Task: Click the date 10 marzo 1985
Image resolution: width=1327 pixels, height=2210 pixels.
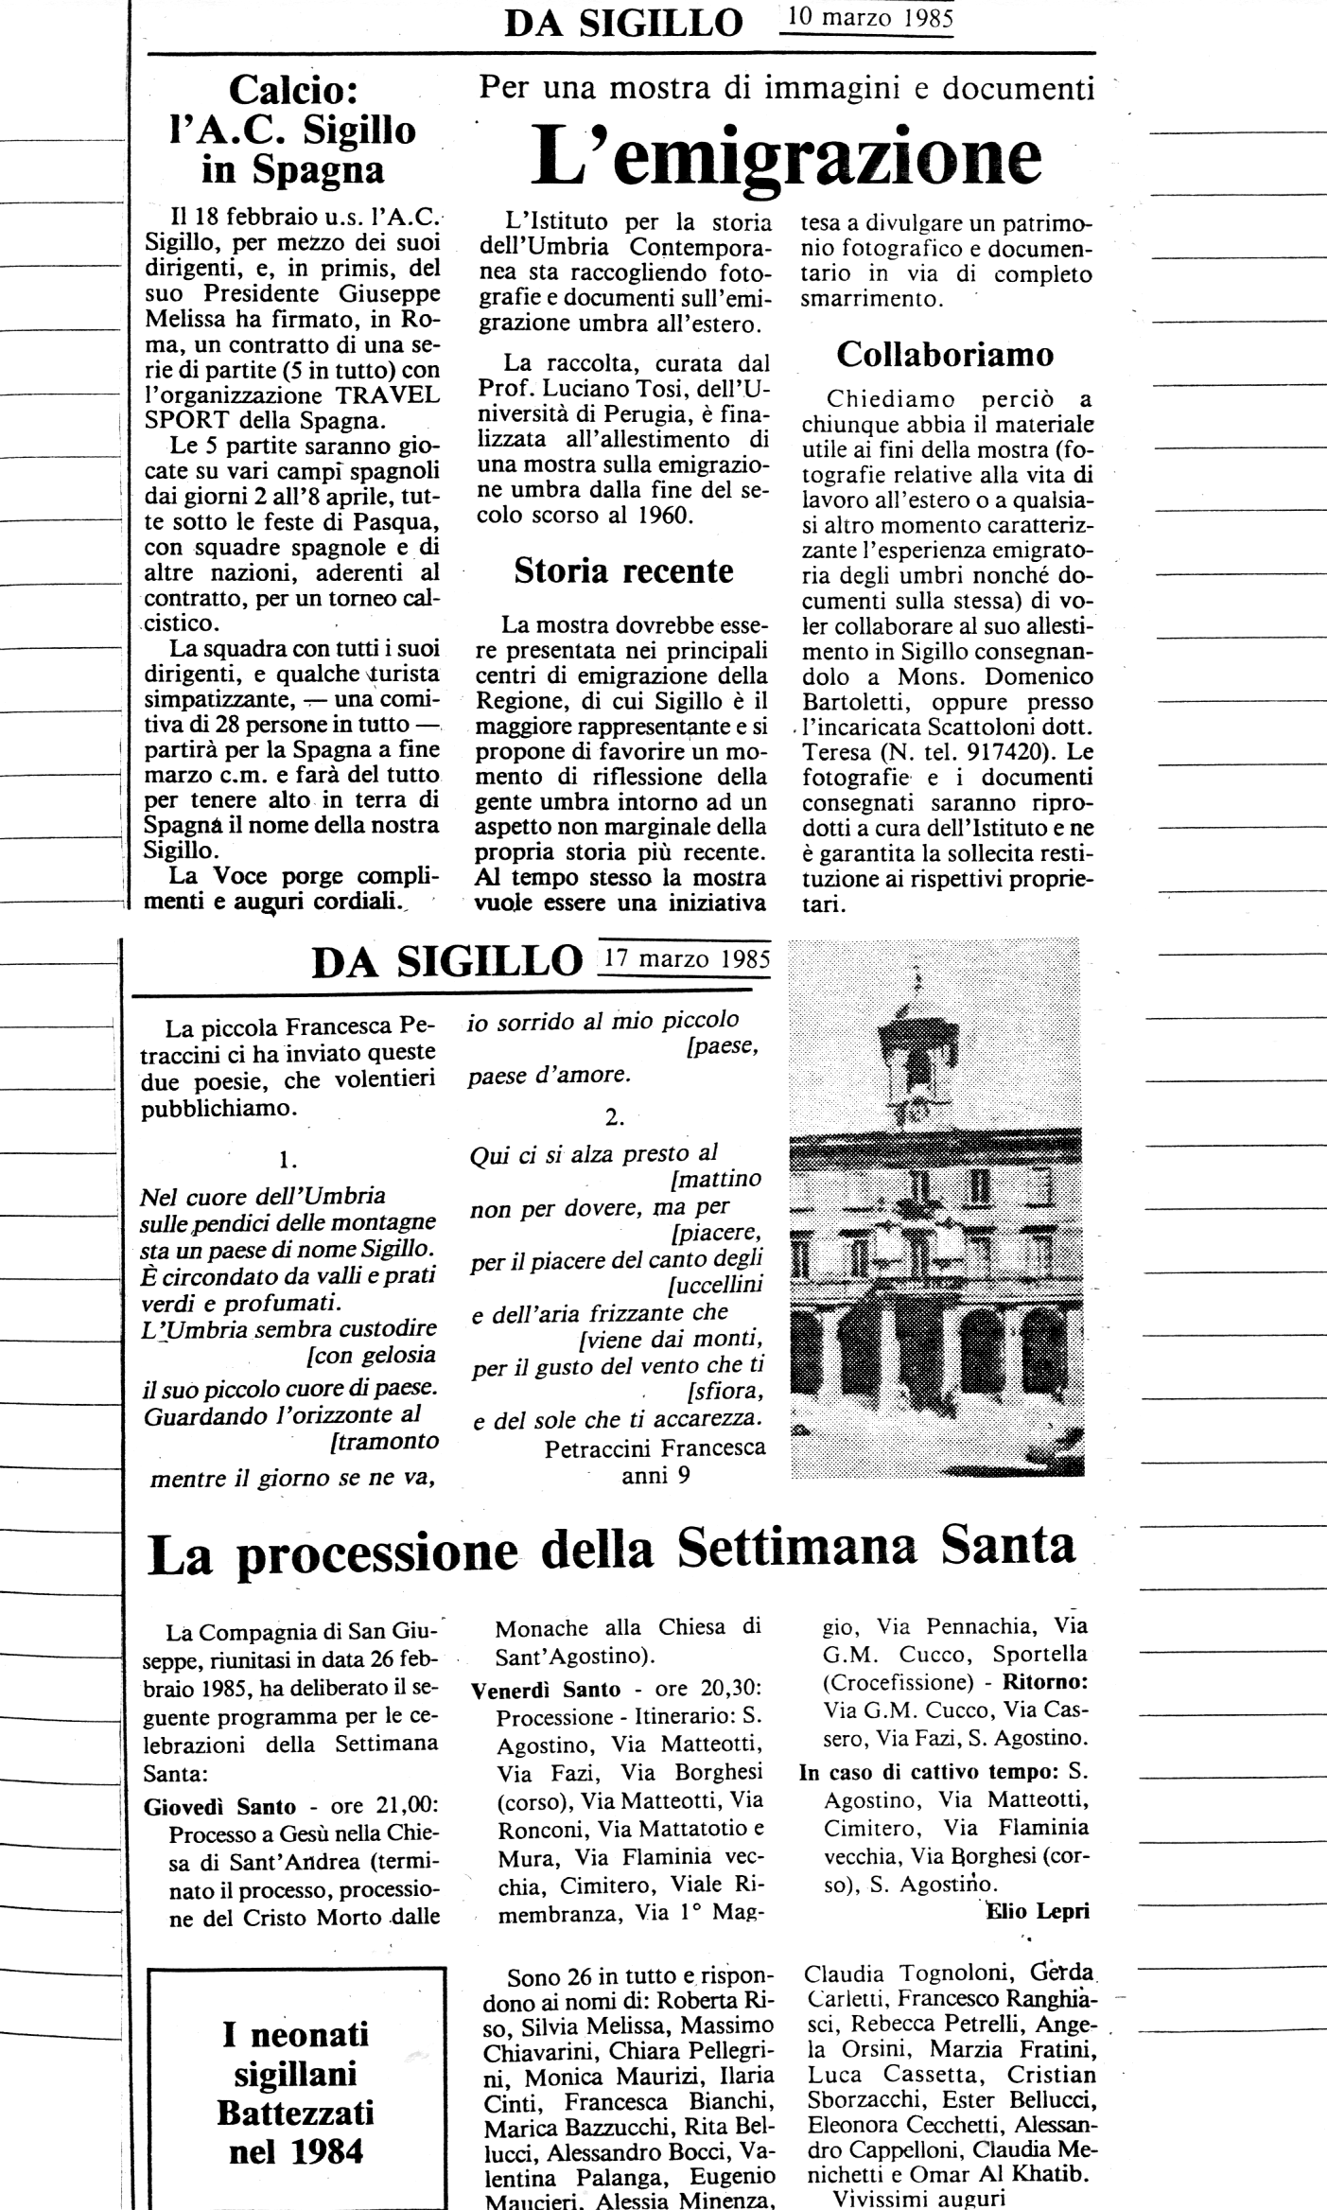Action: coord(868,19)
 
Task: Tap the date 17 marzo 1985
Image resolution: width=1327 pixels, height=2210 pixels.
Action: coord(686,956)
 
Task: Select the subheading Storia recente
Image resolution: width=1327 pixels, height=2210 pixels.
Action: coord(623,570)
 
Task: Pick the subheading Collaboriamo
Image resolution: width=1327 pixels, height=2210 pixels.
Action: coord(945,354)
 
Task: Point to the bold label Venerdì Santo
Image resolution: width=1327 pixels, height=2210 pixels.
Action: coord(546,1689)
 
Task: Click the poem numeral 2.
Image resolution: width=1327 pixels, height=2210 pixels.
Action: coord(615,1116)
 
